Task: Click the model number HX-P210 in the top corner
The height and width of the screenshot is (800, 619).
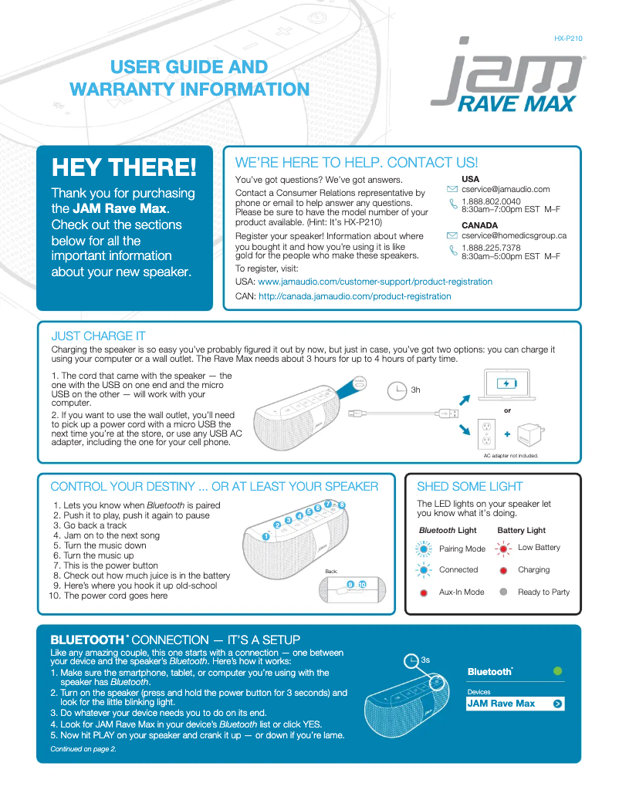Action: [x=568, y=38]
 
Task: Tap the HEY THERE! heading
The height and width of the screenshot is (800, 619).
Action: [x=123, y=166]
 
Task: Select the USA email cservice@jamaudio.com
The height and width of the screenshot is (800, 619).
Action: [x=506, y=189]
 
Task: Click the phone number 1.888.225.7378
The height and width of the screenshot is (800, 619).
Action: [x=491, y=248]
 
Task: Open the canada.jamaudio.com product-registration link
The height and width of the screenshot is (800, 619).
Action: [x=354, y=296]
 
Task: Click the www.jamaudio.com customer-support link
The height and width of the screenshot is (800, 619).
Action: [x=374, y=282]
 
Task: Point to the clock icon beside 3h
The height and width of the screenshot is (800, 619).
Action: [x=396, y=390]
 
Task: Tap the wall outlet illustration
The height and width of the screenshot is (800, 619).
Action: [x=486, y=434]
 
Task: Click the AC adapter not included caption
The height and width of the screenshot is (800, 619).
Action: [x=510, y=456]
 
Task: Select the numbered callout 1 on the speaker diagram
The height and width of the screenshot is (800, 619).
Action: [x=265, y=535]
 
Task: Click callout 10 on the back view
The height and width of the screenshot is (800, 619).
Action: [x=362, y=583]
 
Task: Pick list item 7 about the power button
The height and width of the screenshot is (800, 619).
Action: [x=110, y=565]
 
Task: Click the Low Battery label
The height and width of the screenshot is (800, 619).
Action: [x=539, y=548]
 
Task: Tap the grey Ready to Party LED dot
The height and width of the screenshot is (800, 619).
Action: [x=503, y=592]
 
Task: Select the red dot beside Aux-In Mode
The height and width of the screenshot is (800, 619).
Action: [x=424, y=592]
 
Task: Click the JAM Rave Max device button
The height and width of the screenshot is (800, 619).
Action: [x=516, y=704]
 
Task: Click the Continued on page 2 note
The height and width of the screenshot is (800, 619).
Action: [x=83, y=748]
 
